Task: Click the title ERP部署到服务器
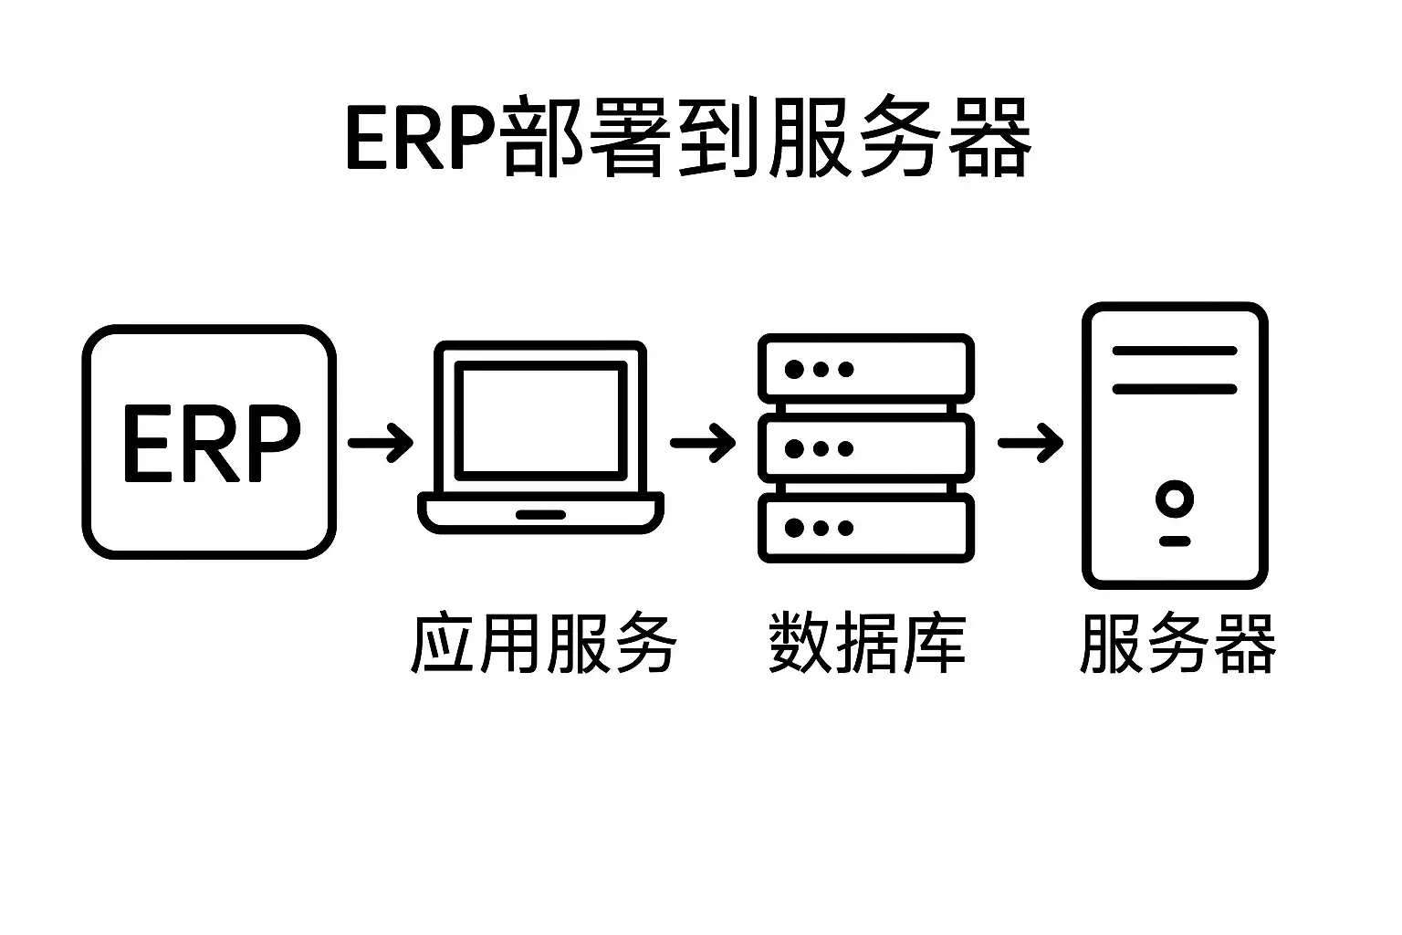[x=688, y=137]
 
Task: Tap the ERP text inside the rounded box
[x=211, y=444]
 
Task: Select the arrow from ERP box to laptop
[x=381, y=443]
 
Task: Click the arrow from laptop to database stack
[x=703, y=443]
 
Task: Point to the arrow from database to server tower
[x=1031, y=443]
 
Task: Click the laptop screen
[x=540, y=421]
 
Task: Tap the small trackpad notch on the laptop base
[x=540, y=515]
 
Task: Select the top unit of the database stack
[x=866, y=369]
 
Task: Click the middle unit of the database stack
[x=866, y=447]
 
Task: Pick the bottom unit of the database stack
[x=866, y=528]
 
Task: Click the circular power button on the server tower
[x=1175, y=499]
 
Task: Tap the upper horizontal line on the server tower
[x=1175, y=351]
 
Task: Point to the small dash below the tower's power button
[x=1175, y=541]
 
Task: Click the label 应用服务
[x=544, y=643]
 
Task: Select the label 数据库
[x=867, y=643]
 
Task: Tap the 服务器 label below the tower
[x=1177, y=643]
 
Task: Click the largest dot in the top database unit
[x=794, y=370]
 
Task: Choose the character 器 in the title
[x=989, y=137]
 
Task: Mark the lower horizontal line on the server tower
[x=1175, y=389]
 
